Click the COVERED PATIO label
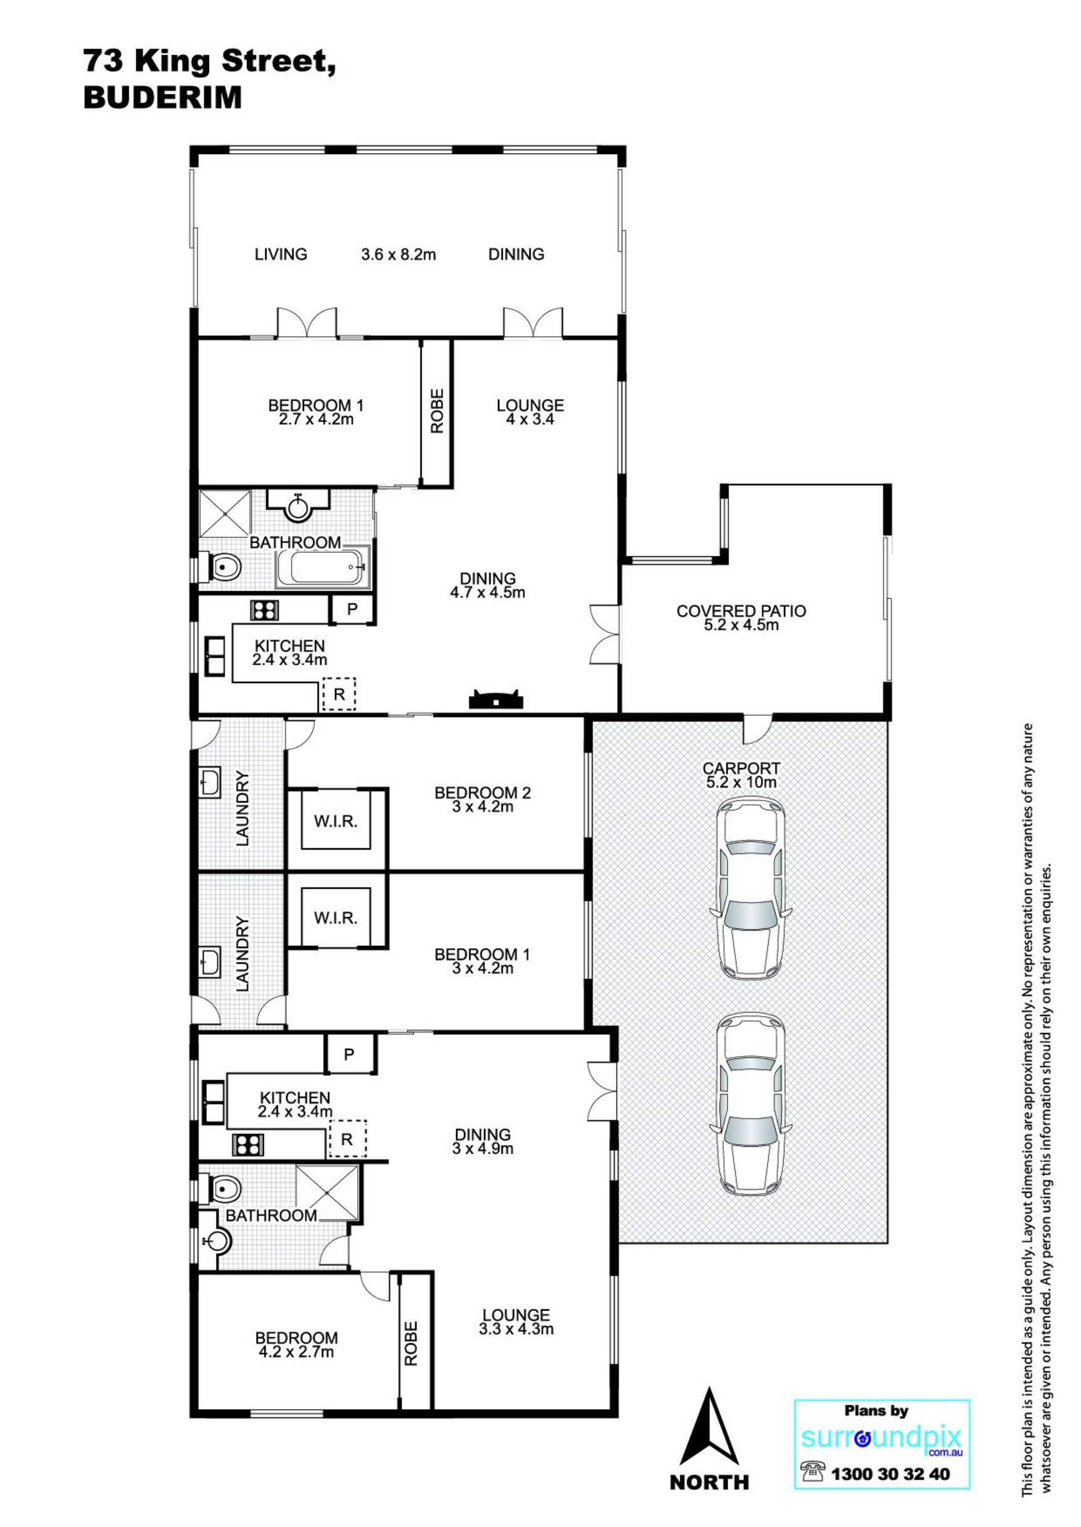pyautogui.click(x=741, y=611)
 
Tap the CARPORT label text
pyautogui.click(x=741, y=769)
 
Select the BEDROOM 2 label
pyautogui.click(x=483, y=793)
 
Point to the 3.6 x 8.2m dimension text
pyautogui.click(x=398, y=254)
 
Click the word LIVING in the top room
pyautogui.click(x=281, y=254)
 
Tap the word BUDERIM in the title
pyautogui.click(x=162, y=98)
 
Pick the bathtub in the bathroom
pyautogui.click(x=323, y=567)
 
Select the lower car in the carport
pyautogui.click(x=750, y=1107)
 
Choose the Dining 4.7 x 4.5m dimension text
pyautogui.click(x=488, y=592)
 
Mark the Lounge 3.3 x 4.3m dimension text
pyautogui.click(x=516, y=1330)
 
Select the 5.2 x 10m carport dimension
pyautogui.click(x=741, y=783)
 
